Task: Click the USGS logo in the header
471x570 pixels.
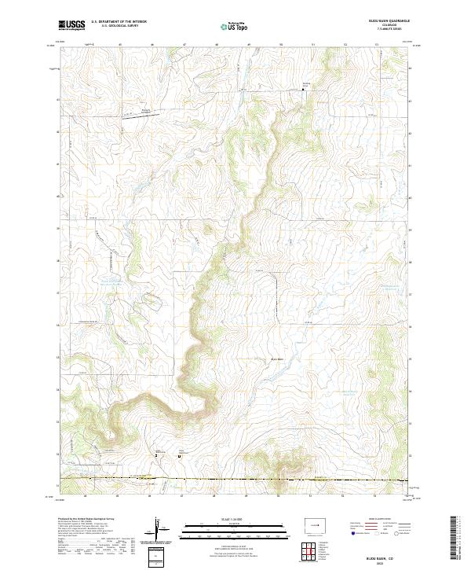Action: [x=71, y=26]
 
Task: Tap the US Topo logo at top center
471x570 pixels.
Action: [x=235, y=27]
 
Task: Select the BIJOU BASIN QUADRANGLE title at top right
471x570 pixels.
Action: [x=392, y=22]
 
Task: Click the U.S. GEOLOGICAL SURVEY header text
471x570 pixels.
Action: [x=117, y=27]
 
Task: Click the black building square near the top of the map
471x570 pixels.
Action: [x=304, y=90]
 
